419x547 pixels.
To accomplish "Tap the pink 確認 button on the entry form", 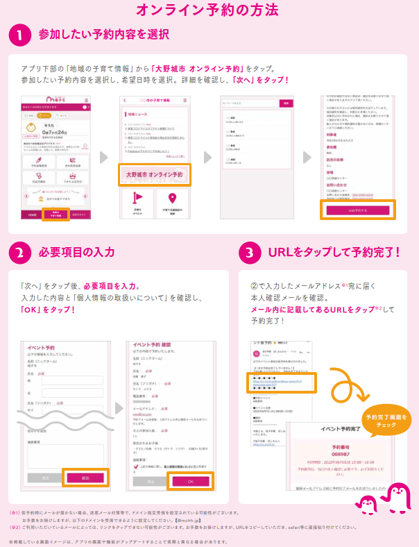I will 85,478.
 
